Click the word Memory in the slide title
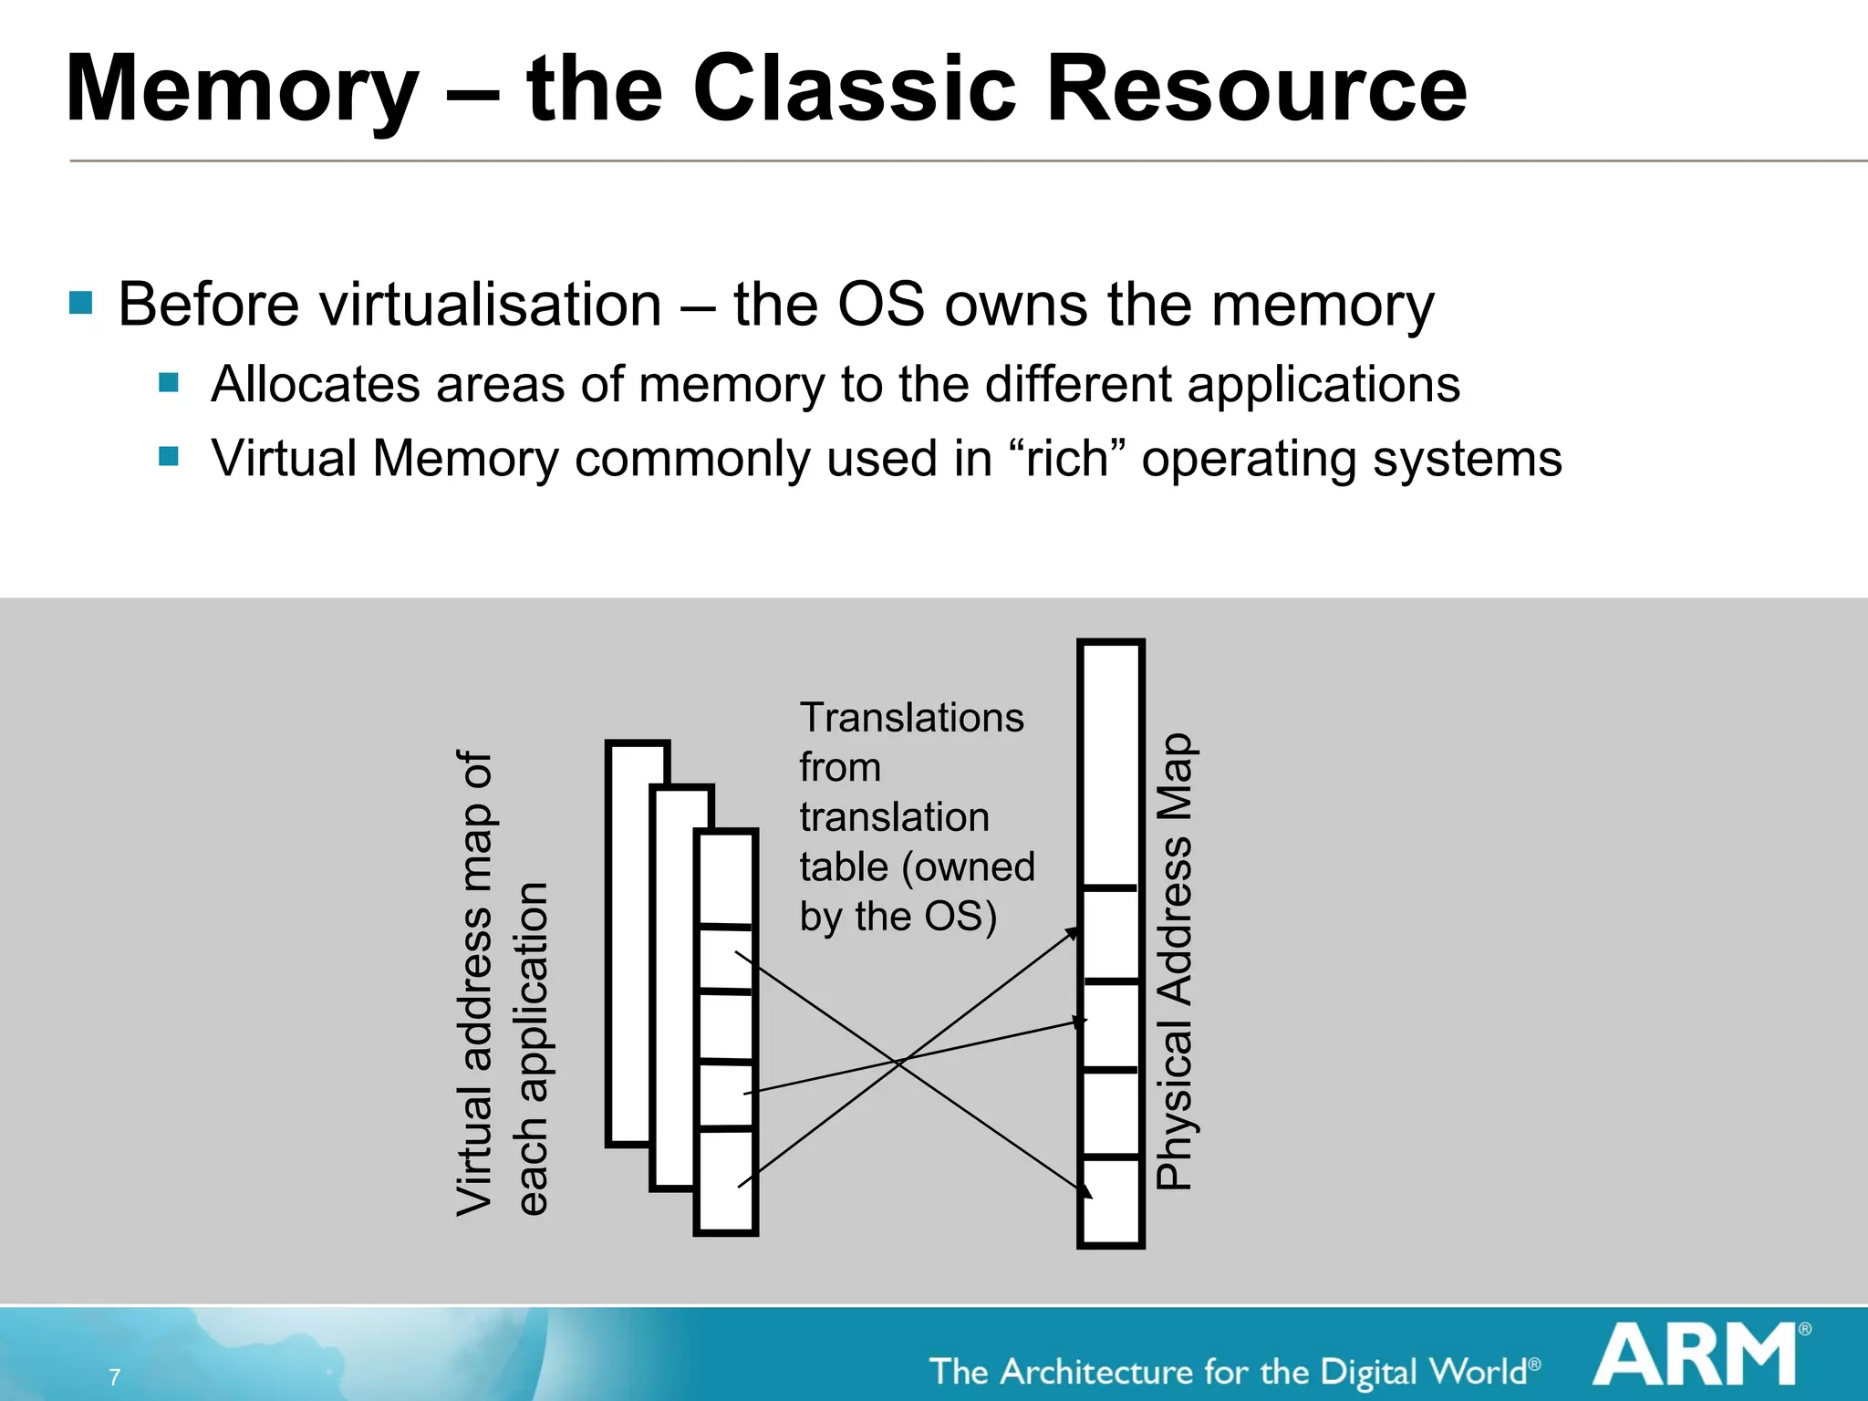coord(243,89)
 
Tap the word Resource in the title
coord(1256,89)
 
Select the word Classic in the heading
coord(854,89)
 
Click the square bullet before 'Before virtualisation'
coord(81,303)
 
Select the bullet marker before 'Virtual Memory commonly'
coord(169,455)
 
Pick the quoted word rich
coord(1066,458)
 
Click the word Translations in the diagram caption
coord(911,718)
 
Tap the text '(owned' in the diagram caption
coord(968,867)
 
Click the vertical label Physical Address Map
coord(1175,961)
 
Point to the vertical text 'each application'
coord(533,1049)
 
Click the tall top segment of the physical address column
coord(1111,764)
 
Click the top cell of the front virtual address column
coord(726,878)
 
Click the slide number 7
coord(115,1376)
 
